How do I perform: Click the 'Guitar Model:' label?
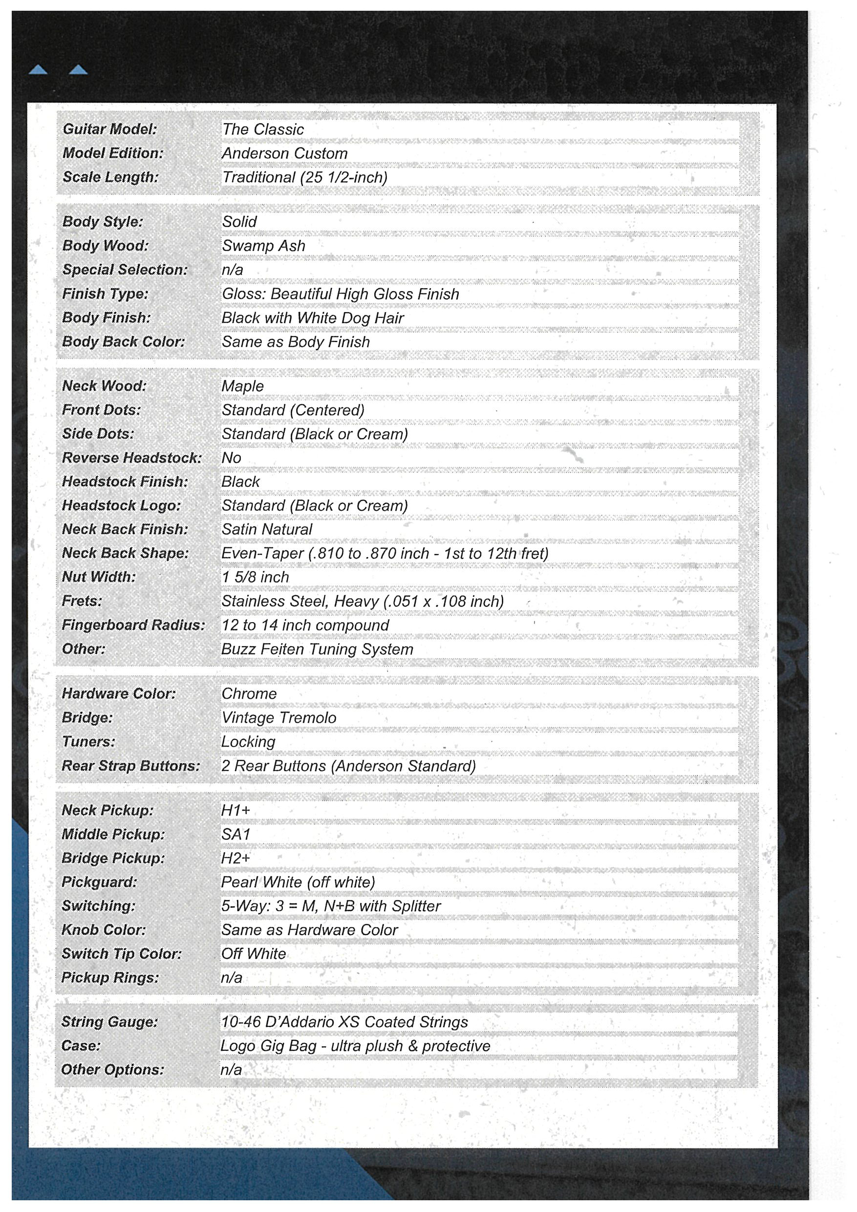click(x=110, y=129)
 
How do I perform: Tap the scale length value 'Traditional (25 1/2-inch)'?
click(x=305, y=177)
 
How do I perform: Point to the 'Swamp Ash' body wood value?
click(x=263, y=246)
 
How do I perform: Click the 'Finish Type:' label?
click(x=106, y=293)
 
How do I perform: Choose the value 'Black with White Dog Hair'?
click(x=313, y=318)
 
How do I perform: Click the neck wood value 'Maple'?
click(x=242, y=386)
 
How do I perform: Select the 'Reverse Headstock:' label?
click(x=132, y=458)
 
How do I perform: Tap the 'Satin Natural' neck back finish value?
click(x=267, y=529)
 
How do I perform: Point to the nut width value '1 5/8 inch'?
click(x=255, y=577)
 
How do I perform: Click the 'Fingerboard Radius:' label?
click(x=133, y=625)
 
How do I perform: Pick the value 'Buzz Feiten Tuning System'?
click(x=317, y=649)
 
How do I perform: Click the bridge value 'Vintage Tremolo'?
click(x=279, y=717)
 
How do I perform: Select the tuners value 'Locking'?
click(x=248, y=742)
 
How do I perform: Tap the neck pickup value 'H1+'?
click(x=236, y=810)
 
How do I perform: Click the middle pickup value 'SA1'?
click(x=236, y=834)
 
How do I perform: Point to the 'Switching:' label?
click(x=99, y=906)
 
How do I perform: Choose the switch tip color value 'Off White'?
click(x=254, y=953)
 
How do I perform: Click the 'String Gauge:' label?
click(x=110, y=1022)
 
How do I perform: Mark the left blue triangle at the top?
click(x=38, y=70)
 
